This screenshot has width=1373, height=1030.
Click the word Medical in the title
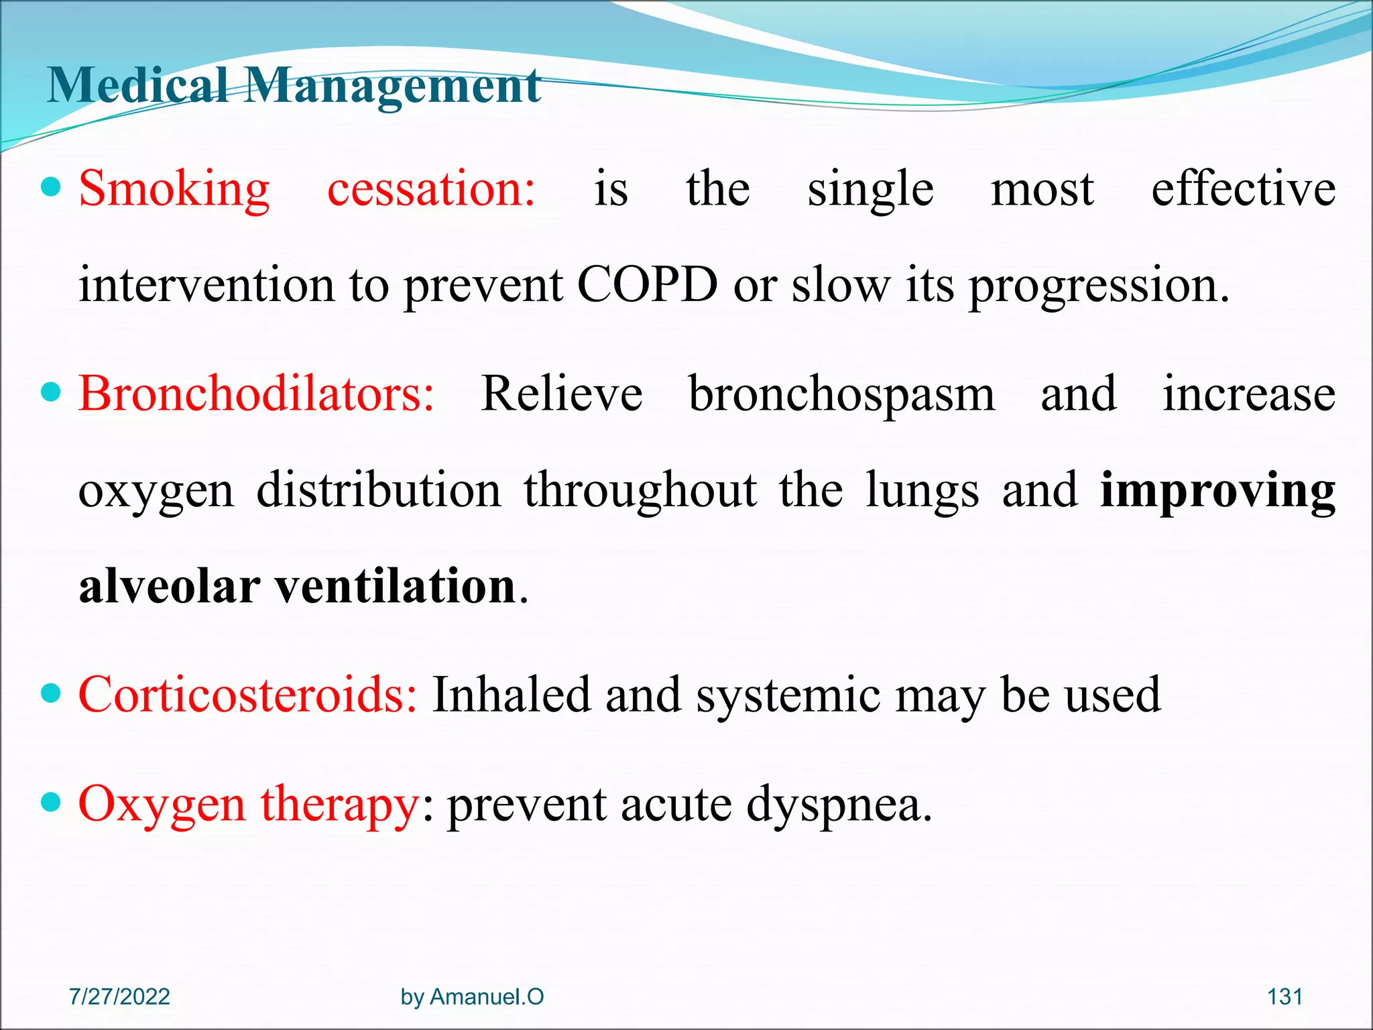[137, 86]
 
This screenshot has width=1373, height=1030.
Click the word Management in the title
[392, 87]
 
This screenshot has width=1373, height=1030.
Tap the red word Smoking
[174, 189]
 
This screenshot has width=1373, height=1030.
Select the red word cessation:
[431, 189]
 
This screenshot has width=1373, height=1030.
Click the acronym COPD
[647, 284]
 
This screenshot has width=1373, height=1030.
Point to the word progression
[1099, 287]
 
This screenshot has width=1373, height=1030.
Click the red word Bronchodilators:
[257, 394]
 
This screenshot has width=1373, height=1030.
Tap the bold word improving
[1218, 492]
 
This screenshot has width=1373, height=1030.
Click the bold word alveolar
[170, 586]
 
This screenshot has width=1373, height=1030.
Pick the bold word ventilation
[396, 586]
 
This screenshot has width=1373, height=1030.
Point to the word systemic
[788, 696]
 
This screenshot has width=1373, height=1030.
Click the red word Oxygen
[162, 805]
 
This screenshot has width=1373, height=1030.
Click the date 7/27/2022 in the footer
[119, 996]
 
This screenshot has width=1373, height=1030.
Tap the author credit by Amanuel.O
[472, 996]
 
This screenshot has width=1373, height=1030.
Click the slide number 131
[1285, 996]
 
